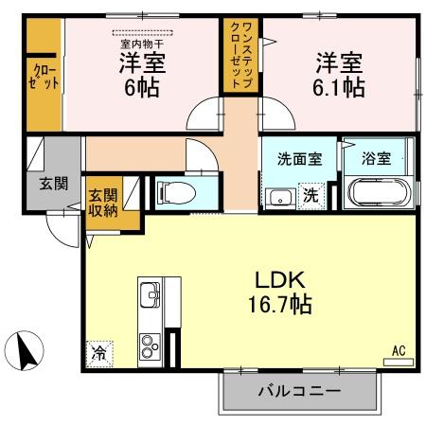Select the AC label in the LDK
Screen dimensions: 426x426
point(399,351)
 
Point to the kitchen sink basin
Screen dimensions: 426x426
point(151,300)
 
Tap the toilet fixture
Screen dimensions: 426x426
point(175,193)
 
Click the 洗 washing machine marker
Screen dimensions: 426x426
point(310,196)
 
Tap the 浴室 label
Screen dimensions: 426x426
point(378,159)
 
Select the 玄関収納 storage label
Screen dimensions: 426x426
point(103,204)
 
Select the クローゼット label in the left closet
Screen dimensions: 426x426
point(44,76)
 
